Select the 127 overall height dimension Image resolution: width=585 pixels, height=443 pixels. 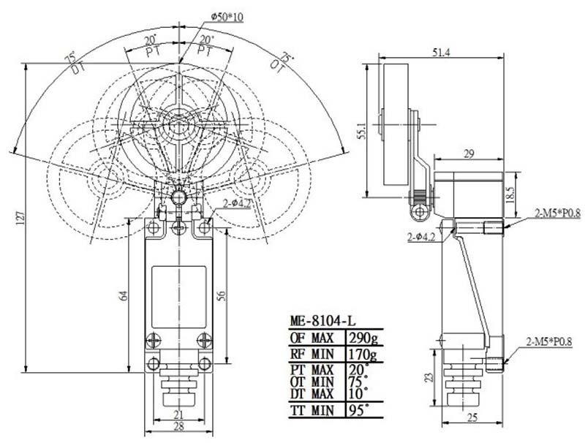[x=21, y=216]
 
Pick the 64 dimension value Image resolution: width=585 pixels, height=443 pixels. [x=124, y=295]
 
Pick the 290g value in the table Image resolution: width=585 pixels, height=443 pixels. [x=363, y=338]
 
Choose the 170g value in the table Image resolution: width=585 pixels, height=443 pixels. [x=363, y=356]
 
